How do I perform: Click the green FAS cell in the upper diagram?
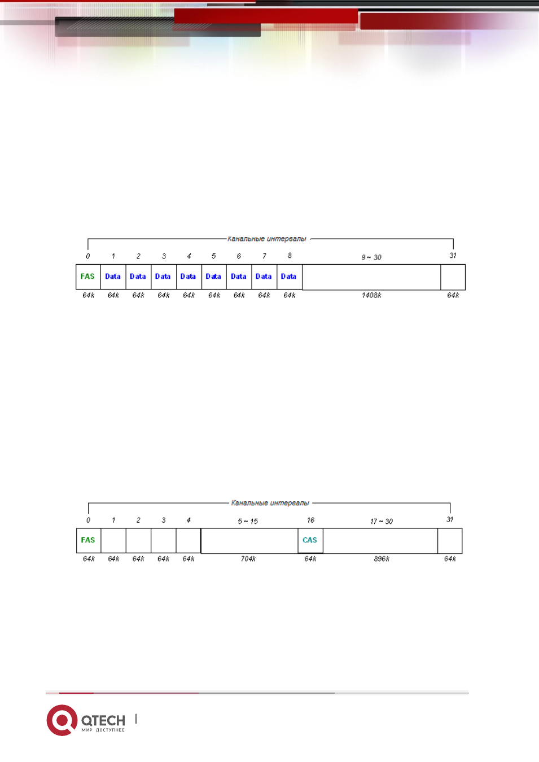[88, 277]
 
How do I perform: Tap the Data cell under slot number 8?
[290, 277]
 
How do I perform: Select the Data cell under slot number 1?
[113, 277]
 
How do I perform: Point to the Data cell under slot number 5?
[214, 277]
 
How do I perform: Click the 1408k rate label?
[371, 295]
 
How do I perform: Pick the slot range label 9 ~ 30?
[371, 257]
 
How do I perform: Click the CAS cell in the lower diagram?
[310, 541]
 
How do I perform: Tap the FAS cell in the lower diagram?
[89, 541]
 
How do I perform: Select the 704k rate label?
[248, 559]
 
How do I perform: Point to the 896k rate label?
[382, 559]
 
